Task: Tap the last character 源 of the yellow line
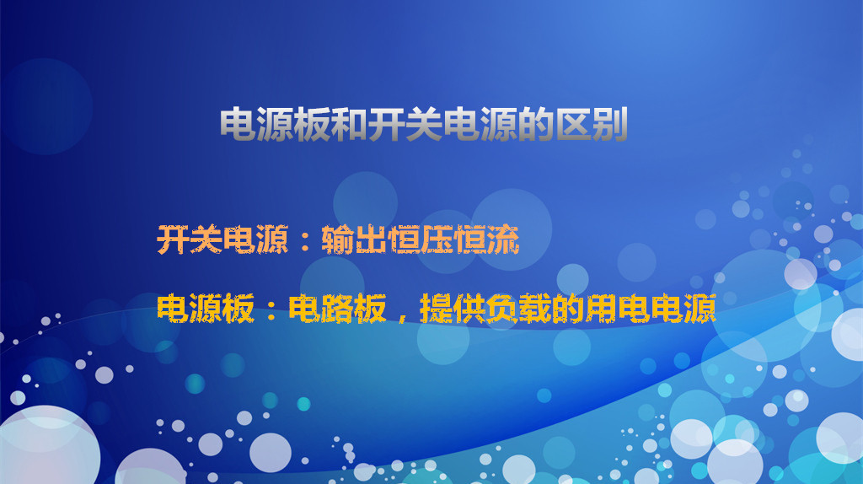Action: [x=700, y=309]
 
